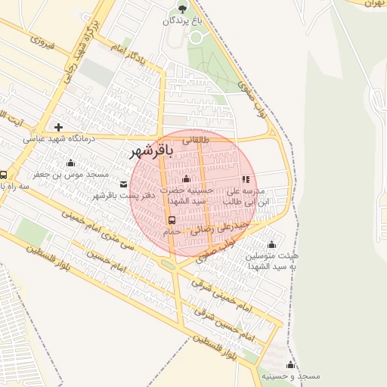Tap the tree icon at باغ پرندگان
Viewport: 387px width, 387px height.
tap(181, 8)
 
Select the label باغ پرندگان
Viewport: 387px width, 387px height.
tap(182, 21)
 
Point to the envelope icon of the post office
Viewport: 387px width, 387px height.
tap(124, 184)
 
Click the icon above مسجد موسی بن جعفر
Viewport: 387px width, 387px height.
tap(71, 163)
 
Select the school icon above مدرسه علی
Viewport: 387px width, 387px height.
tap(246, 179)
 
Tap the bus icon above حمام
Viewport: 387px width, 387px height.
tap(172, 220)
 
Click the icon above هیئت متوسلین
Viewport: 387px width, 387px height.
tap(271, 244)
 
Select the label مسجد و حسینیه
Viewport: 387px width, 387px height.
tap(291, 376)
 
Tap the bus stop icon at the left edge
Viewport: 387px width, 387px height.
tap(3, 173)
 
